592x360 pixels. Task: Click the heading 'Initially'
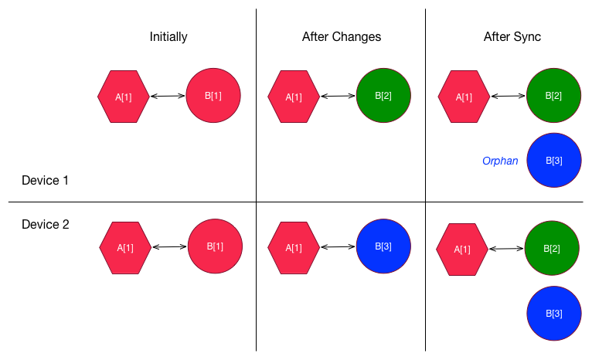tap(168, 37)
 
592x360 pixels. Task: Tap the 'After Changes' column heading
tap(342, 36)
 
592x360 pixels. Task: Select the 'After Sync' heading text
tap(512, 37)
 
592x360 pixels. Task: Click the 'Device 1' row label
tap(45, 180)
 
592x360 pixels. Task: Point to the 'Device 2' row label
tap(46, 225)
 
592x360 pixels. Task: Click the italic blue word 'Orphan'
tap(500, 161)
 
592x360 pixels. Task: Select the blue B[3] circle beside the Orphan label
tap(554, 160)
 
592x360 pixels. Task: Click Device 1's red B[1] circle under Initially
tap(213, 96)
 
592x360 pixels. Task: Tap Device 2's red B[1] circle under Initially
tap(215, 246)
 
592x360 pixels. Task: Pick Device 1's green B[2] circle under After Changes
tap(383, 96)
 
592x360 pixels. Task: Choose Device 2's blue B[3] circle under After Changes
tap(383, 246)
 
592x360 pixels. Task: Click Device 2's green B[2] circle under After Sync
tap(552, 248)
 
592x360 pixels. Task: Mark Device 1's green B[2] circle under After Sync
tap(554, 96)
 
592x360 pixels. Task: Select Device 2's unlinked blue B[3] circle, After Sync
tap(554, 314)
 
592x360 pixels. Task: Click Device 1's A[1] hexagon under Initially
tap(124, 97)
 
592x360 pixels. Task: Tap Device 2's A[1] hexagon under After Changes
tap(294, 248)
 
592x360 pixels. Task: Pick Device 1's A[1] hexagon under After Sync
tap(464, 97)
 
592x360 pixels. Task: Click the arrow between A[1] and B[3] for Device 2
tap(338, 246)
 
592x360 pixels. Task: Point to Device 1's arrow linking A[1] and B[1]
tap(168, 96)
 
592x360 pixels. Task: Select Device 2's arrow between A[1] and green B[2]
tap(506, 249)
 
